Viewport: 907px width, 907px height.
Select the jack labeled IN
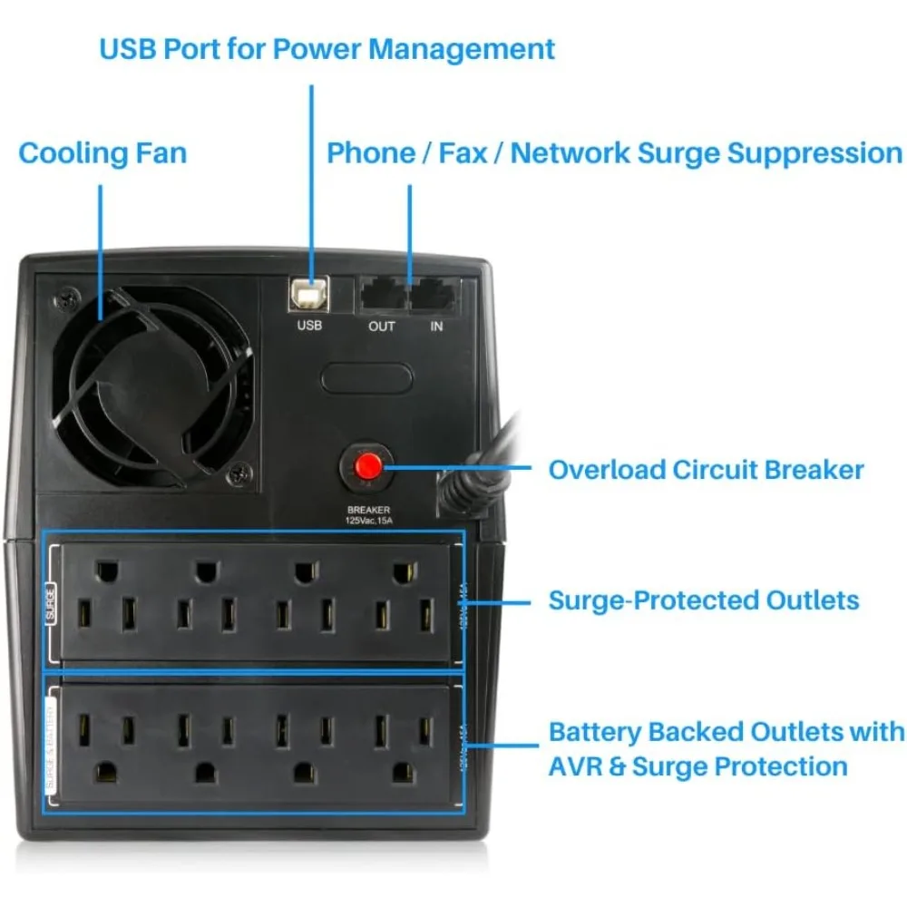pos(435,296)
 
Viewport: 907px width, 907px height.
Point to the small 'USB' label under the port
pos(309,326)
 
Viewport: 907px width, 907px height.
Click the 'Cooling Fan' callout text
pos(102,152)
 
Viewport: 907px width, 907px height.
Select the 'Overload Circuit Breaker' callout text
pos(706,469)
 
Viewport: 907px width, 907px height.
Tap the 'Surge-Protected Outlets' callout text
pos(704,600)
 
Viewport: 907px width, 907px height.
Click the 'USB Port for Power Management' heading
pos(327,48)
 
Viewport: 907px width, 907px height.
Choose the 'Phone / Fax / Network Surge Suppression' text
pos(614,152)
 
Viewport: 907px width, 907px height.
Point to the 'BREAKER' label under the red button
pos(369,511)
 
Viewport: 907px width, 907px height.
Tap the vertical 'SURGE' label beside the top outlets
pos(51,602)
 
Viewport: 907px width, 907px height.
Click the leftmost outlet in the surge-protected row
pos(107,599)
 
